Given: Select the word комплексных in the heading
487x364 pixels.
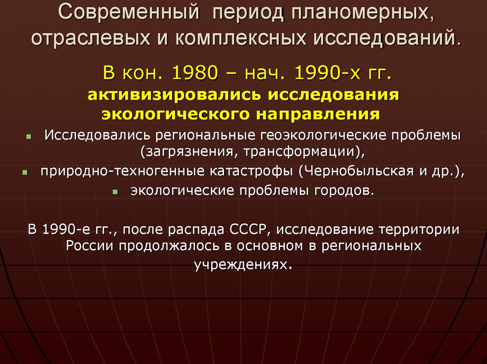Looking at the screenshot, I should (x=237, y=37).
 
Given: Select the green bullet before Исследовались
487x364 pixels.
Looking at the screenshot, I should (x=29, y=136).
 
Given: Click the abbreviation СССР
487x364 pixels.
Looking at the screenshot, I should (x=251, y=230).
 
